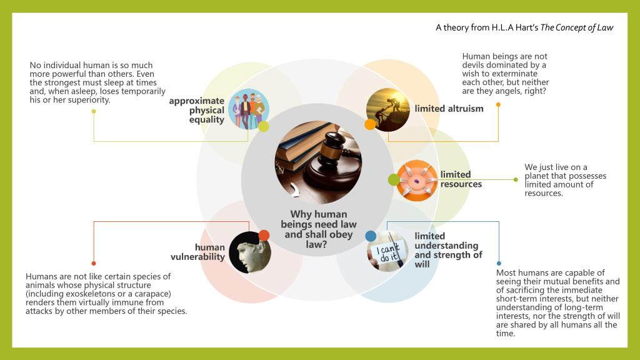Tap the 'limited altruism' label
(449, 109)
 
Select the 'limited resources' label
(461, 179)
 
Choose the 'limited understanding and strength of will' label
(447, 250)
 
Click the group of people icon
(247, 109)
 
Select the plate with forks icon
(417, 180)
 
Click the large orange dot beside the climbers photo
(370, 124)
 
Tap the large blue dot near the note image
(371, 236)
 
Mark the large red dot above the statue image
(264, 236)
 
